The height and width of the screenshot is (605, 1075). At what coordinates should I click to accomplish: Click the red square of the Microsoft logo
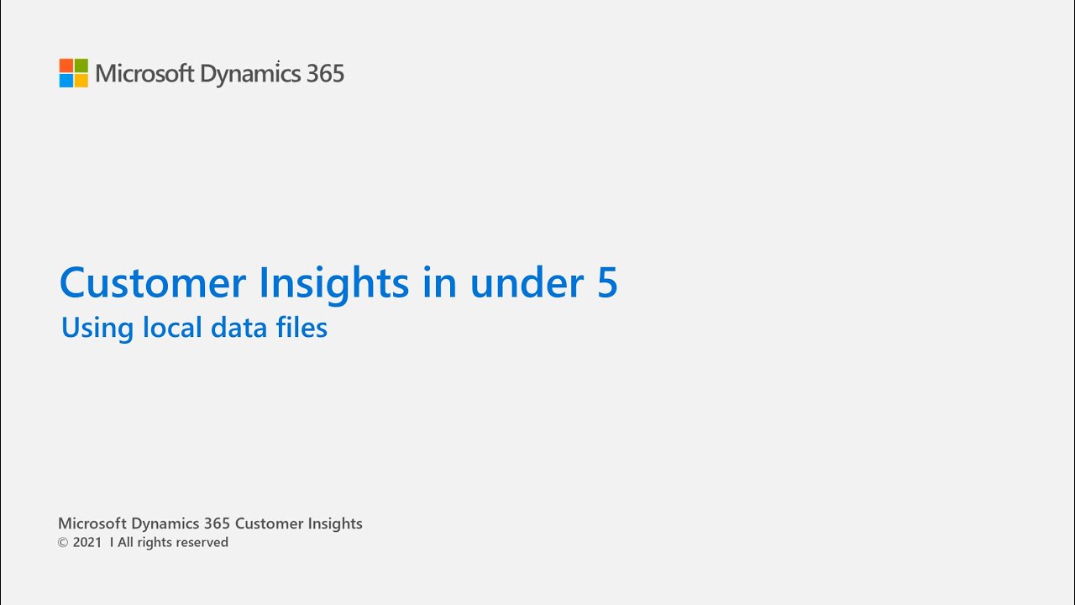click(x=66, y=66)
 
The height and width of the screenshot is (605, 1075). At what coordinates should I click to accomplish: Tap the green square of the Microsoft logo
click(x=81, y=66)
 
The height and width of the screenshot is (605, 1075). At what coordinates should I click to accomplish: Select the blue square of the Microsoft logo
click(x=66, y=81)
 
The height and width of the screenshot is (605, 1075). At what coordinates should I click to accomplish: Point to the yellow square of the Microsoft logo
click(x=81, y=81)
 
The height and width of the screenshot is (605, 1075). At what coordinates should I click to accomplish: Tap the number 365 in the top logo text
click(x=325, y=74)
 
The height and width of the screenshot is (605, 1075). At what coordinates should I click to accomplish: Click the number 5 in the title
click(x=607, y=283)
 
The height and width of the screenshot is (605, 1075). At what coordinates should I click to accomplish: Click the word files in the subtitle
click(x=301, y=327)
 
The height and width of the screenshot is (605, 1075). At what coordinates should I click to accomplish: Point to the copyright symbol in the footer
click(x=63, y=543)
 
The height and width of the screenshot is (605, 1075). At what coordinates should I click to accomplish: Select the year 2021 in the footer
click(x=87, y=543)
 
